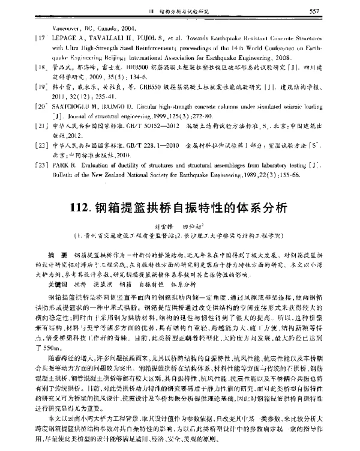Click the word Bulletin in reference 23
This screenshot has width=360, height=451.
[62, 189]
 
